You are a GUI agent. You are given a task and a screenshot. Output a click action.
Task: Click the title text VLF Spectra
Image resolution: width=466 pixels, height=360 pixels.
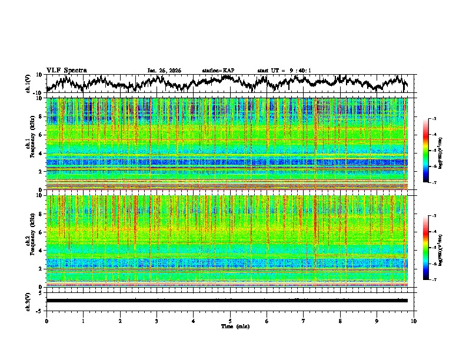pos(66,70)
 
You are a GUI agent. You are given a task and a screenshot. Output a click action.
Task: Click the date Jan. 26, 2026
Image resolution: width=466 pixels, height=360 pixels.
pos(164,71)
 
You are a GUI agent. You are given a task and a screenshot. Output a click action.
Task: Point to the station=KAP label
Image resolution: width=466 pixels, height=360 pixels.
pos(218,71)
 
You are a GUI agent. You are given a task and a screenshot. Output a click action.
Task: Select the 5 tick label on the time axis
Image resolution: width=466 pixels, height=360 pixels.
pos(230,321)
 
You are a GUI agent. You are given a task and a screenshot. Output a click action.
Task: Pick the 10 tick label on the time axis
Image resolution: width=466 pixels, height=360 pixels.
pos(414,321)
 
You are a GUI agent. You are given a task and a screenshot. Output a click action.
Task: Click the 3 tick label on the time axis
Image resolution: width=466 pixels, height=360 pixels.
pos(157,321)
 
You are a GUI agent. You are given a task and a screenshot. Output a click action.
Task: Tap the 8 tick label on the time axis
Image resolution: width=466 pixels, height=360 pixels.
pos(340,321)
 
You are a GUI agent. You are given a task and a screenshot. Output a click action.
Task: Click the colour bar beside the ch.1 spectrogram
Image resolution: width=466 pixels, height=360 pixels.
pos(426,151)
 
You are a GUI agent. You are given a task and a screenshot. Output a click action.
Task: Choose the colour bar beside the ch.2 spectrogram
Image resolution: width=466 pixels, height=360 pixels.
pos(426,248)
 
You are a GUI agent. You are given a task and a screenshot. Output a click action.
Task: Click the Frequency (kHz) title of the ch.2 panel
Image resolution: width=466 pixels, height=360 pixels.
pos(34,241)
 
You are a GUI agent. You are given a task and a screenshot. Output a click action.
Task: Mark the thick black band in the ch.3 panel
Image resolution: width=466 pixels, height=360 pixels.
pos(227,301)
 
